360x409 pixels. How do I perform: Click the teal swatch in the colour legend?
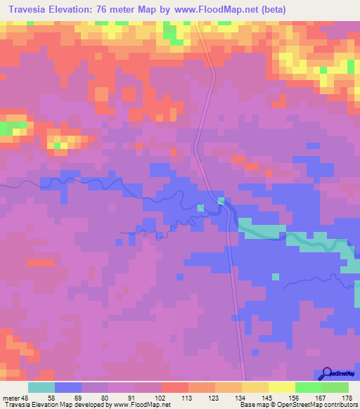[x=41, y=387]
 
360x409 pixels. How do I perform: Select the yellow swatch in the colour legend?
[x=282, y=387]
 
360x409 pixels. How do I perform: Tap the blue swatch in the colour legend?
[x=68, y=387]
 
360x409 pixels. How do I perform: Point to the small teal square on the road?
[x=221, y=201]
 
